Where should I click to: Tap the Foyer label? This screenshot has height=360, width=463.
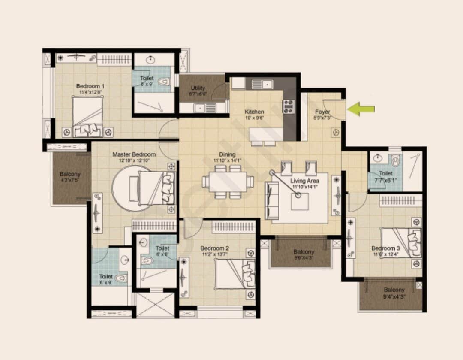pyautogui.click(x=322, y=112)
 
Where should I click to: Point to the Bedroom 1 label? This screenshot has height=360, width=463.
pyautogui.click(x=90, y=86)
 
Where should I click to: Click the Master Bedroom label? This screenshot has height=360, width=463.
pyautogui.click(x=134, y=154)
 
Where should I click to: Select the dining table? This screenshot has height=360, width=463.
pyautogui.click(x=227, y=182)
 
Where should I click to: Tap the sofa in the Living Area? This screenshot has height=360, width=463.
pyautogui.click(x=272, y=200)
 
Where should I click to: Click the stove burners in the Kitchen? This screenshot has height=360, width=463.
pyautogui.click(x=288, y=106)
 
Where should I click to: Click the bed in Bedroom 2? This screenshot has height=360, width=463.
pyautogui.click(x=235, y=274)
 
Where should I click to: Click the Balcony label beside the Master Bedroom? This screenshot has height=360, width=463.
pyautogui.click(x=70, y=175)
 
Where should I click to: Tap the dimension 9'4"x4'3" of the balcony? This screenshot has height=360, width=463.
pyautogui.click(x=394, y=296)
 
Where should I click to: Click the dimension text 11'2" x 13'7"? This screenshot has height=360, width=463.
pyautogui.click(x=215, y=254)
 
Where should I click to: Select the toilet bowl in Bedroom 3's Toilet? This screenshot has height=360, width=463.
pyautogui.click(x=395, y=161)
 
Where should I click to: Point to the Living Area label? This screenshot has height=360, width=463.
pyautogui.click(x=304, y=181)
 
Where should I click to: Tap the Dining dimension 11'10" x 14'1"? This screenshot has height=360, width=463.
pyautogui.click(x=228, y=161)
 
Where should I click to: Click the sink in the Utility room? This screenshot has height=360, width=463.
pyautogui.click(x=201, y=108)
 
